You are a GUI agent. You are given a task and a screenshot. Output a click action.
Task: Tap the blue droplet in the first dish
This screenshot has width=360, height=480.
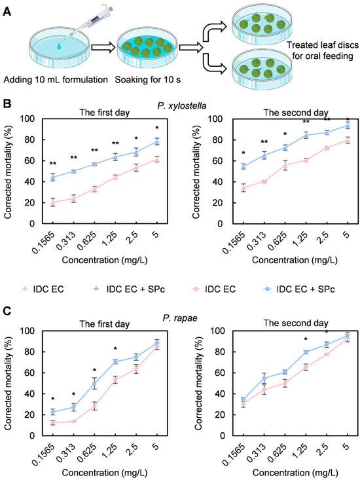tap(60, 46)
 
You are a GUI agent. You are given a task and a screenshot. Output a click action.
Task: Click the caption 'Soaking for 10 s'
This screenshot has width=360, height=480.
tap(148, 80)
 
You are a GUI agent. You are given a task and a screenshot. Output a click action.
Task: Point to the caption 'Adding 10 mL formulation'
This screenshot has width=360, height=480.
tap(56, 80)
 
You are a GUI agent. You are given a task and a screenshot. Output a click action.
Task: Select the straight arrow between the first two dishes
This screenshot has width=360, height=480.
tap(103, 47)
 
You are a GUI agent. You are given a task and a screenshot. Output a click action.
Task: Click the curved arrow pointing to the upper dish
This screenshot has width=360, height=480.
tap(215, 32)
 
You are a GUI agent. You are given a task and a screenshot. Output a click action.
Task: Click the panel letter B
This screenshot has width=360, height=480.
tap(7, 103)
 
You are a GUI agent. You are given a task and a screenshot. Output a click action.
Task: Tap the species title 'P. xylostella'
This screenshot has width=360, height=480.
tap(182, 105)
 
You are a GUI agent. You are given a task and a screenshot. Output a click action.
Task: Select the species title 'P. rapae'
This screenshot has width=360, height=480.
tap(180, 318)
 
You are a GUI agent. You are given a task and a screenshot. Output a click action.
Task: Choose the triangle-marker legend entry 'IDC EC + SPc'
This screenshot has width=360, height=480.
tap(128, 289)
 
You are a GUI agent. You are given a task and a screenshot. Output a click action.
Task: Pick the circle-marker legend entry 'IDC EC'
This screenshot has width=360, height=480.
tap(213, 289)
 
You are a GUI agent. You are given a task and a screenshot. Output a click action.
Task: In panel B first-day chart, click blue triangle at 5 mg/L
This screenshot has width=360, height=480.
tap(156, 141)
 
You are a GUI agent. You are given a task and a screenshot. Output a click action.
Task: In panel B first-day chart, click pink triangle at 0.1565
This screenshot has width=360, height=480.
tap(52, 202)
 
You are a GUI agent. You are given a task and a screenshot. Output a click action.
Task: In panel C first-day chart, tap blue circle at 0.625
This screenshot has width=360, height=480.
tap(94, 383)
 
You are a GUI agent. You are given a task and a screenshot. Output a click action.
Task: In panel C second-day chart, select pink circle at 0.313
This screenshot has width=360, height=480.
tap(264, 390)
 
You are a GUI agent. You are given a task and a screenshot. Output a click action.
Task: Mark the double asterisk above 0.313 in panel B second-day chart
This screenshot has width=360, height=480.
tap(264, 142)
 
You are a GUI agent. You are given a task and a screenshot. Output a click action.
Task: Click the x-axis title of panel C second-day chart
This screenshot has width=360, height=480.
tap(295, 473)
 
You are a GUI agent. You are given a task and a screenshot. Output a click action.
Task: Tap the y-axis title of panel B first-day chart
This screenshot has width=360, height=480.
tap(8, 172)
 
